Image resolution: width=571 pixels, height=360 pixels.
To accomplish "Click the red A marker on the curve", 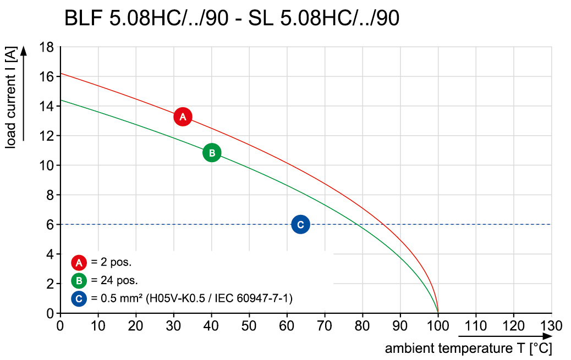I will [183, 117].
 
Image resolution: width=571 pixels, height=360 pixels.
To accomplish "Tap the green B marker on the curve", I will [212, 152].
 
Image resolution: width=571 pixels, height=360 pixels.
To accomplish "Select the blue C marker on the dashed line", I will [300, 224].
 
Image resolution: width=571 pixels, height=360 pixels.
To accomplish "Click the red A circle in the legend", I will [79, 262].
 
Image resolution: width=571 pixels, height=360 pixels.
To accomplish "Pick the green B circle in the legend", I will [79, 281].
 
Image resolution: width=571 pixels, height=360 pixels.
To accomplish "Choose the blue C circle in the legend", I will [79, 299].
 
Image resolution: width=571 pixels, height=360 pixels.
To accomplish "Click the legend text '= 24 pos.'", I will [111, 281].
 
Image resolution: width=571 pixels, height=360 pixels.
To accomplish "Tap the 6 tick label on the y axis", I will [50, 224].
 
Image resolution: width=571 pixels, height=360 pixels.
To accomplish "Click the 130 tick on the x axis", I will [551, 325].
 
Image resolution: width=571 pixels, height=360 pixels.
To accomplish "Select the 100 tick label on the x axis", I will [438, 325].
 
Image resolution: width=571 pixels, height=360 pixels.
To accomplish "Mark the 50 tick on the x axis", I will [249, 325].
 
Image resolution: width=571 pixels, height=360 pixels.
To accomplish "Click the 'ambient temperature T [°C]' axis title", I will [468, 348].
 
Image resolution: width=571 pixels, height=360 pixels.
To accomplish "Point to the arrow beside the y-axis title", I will [24, 93].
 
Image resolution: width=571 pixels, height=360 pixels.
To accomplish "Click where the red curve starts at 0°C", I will [60, 73].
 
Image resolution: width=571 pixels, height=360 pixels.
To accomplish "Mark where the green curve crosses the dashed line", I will [358, 224].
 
